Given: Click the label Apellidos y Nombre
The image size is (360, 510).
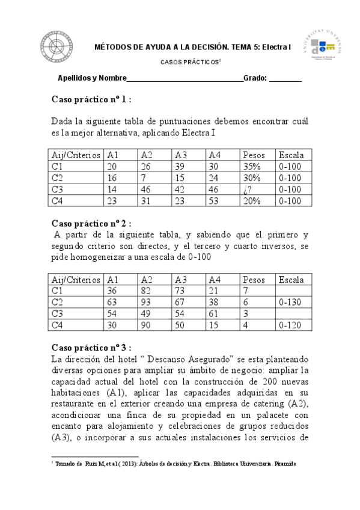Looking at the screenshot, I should click(x=92, y=79).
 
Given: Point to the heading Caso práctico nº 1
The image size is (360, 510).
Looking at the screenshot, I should click(x=91, y=99).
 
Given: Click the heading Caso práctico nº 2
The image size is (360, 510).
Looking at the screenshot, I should click(x=91, y=224).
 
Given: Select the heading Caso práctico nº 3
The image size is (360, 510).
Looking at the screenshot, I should click(x=91, y=348).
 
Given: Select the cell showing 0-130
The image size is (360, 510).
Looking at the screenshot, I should click(x=290, y=303).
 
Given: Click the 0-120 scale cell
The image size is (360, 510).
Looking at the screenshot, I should click(x=290, y=325).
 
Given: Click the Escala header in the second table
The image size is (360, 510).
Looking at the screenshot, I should click(x=291, y=280).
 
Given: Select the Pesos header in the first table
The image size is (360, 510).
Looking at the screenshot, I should click(x=253, y=155).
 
